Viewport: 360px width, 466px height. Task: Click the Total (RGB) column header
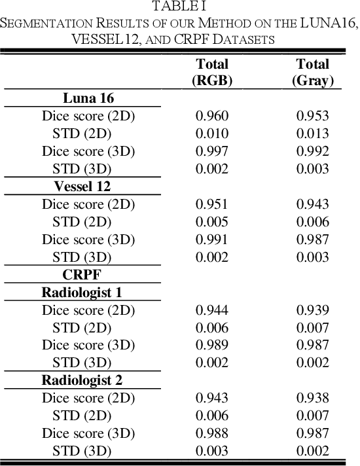tap(212, 72)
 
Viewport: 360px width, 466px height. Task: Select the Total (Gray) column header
tap(312, 72)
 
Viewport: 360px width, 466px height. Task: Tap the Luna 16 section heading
tap(89, 98)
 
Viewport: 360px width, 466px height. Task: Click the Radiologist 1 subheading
tap(82, 292)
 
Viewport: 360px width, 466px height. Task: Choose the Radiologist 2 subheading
tap(82, 380)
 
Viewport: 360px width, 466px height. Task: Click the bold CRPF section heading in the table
tap(82, 274)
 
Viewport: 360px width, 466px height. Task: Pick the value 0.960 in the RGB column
tap(212, 116)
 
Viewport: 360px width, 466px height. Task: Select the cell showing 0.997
tap(212, 151)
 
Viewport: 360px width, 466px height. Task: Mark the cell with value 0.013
tap(312, 134)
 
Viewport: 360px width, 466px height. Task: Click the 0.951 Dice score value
tap(212, 204)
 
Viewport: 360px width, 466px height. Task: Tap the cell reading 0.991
tap(212, 240)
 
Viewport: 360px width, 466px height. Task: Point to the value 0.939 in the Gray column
tap(312, 310)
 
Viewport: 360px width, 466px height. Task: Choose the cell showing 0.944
tap(212, 310)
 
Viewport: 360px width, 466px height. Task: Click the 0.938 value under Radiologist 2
tap(312, 397)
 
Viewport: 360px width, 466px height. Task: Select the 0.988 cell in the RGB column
tap(212, 433)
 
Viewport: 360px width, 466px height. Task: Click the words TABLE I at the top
tap(179, 7)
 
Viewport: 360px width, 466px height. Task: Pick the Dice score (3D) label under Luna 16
tap(88, 151)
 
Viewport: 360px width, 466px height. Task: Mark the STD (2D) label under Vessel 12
tap(82, 222)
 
